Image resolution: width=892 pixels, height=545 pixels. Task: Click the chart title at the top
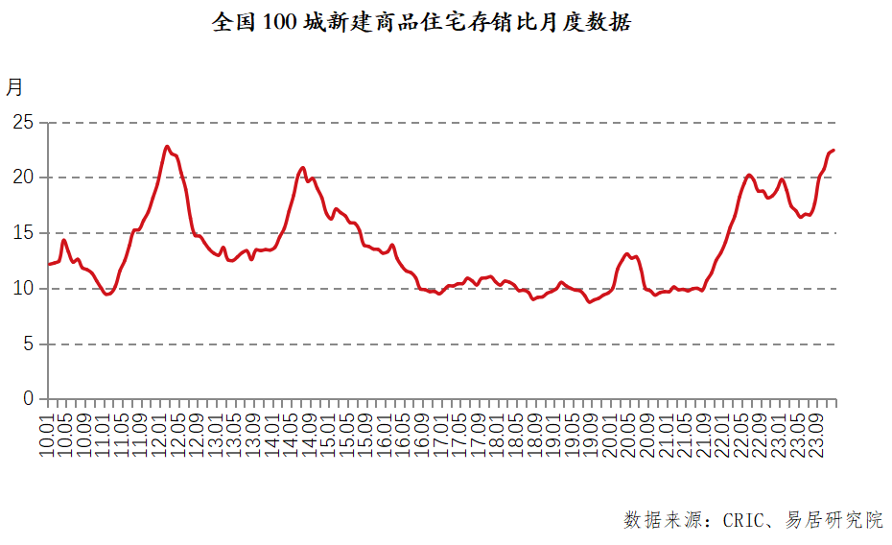click(x=421, y=22)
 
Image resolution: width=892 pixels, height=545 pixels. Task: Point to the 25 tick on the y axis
click(x=23, y=123)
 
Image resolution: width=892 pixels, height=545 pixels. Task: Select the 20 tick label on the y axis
click(x=23, y=178)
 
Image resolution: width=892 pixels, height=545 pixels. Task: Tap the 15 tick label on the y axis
click(x=23, y=233)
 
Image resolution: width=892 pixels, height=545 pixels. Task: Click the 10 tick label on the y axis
click(x=23, y=288)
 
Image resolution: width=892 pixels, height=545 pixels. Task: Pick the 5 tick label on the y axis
click(x=28, y=344)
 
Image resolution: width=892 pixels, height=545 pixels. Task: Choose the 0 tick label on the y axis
click(x=28, y=398)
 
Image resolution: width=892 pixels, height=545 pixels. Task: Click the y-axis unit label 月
click(x=14, y=87)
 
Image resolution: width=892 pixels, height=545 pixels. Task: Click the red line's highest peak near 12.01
click(x=167, y=147)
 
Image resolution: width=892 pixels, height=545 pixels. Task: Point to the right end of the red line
click(x=833, y=150)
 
